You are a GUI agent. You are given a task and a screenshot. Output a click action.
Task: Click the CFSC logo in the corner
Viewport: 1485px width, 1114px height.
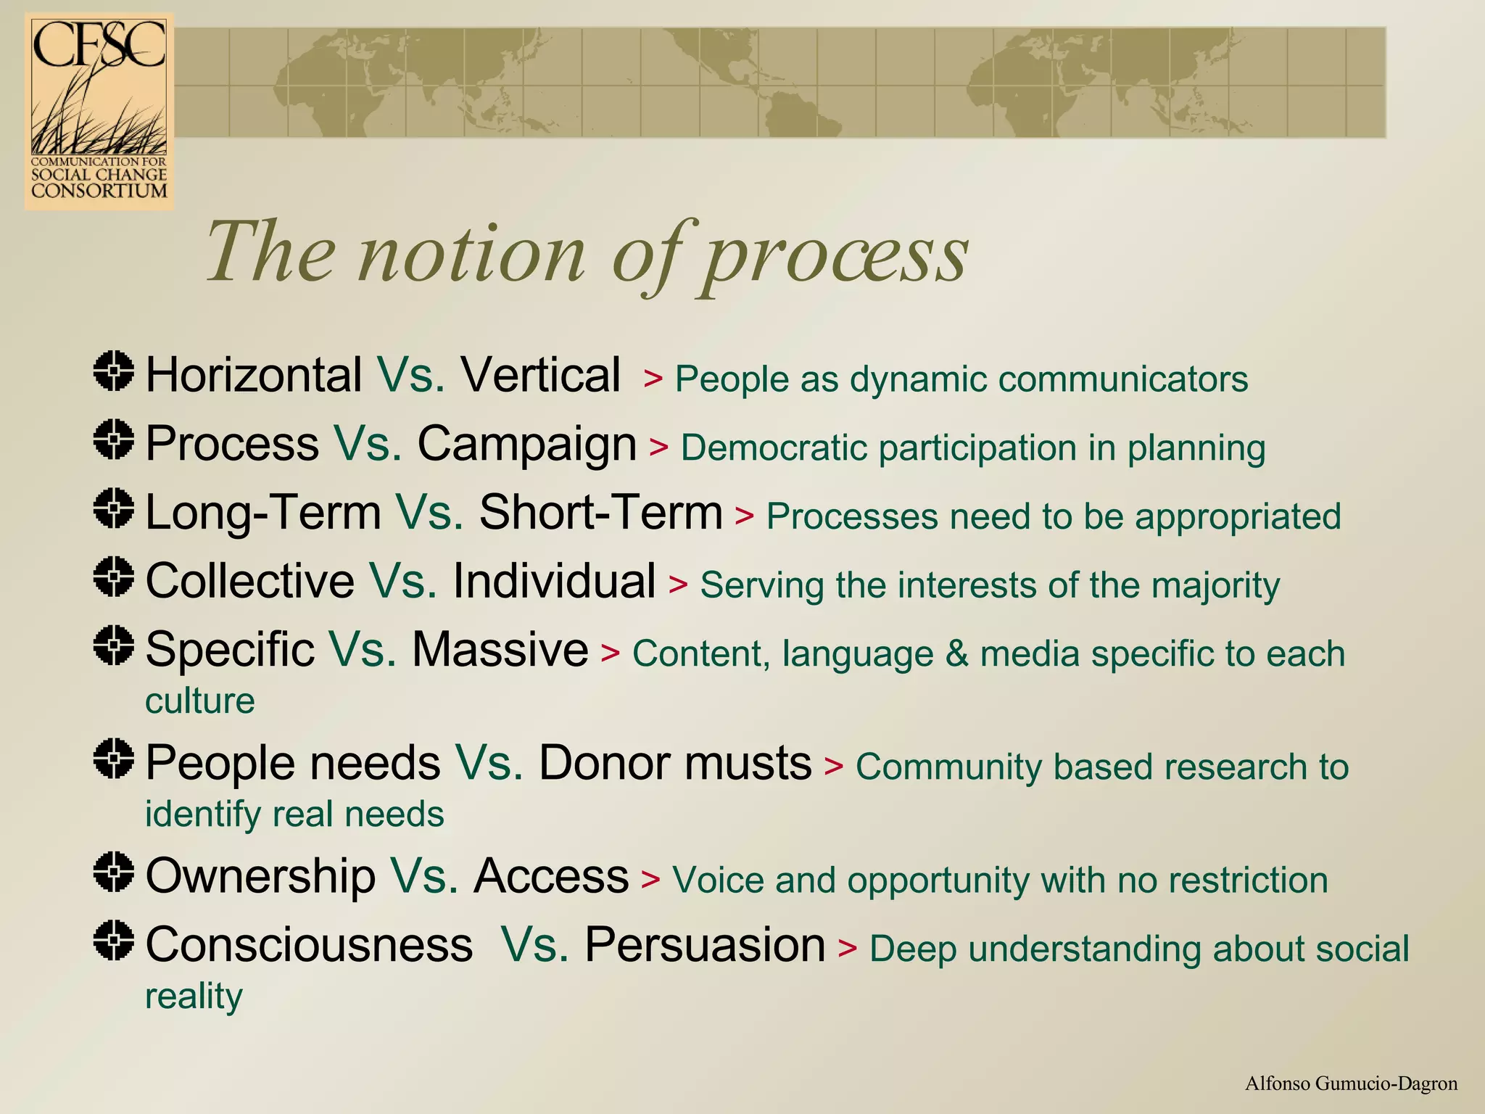pos(99,111)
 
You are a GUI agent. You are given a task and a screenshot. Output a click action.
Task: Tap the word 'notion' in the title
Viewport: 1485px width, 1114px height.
pos(471,254)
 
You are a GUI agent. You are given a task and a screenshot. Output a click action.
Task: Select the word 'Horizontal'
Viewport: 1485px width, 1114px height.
pos(254,375)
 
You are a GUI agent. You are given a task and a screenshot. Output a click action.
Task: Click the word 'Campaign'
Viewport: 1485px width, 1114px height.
pos(526,444)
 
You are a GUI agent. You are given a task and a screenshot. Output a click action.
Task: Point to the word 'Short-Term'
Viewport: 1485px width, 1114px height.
pos(600,512)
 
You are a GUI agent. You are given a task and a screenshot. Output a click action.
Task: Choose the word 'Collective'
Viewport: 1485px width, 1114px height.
pos(250,581)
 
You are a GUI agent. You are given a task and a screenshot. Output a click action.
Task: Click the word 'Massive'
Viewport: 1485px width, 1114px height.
pos(500,649)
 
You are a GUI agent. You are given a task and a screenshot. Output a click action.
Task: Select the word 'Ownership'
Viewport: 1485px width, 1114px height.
pos(260,875)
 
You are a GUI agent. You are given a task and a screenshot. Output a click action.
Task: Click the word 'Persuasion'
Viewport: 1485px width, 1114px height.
pos(705,944)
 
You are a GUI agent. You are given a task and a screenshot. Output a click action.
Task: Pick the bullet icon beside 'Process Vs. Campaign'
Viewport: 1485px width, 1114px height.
pos(114,440)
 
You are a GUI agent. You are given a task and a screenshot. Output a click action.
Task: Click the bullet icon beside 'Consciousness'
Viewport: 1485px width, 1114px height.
pos(114,940)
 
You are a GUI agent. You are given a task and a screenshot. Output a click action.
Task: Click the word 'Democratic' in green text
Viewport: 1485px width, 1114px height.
pos(773,447)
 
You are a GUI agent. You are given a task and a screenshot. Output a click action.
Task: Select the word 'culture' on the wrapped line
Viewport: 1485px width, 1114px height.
pos(200,701)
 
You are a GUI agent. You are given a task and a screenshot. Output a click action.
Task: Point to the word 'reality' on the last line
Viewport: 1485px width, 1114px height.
pos(194,996)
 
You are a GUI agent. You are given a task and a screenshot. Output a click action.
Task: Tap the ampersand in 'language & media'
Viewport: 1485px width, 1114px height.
pos(956,653)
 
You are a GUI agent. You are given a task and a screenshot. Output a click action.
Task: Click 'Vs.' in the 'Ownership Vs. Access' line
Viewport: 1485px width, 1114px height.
pos(424,875)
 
